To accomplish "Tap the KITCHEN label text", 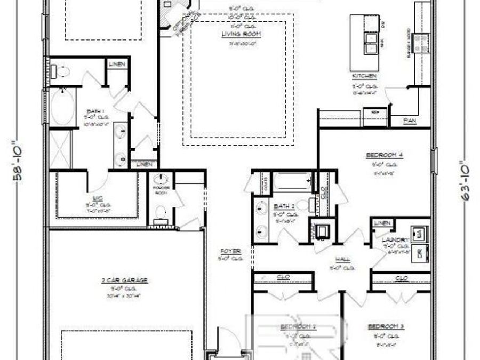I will (x=364, y=76).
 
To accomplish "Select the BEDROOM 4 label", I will (x=383, y=155).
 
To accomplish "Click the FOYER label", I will (x=230, y=251).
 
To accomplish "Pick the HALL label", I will (x=343, y=259).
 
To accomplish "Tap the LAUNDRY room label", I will (x=395, y=240).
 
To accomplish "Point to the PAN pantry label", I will (x=410, y=121).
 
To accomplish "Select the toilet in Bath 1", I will (x=60, y=71).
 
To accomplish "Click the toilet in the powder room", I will (x=159, y=214).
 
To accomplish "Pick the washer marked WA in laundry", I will (x=420, y=233).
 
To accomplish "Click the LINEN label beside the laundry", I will (x=382, y=223).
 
